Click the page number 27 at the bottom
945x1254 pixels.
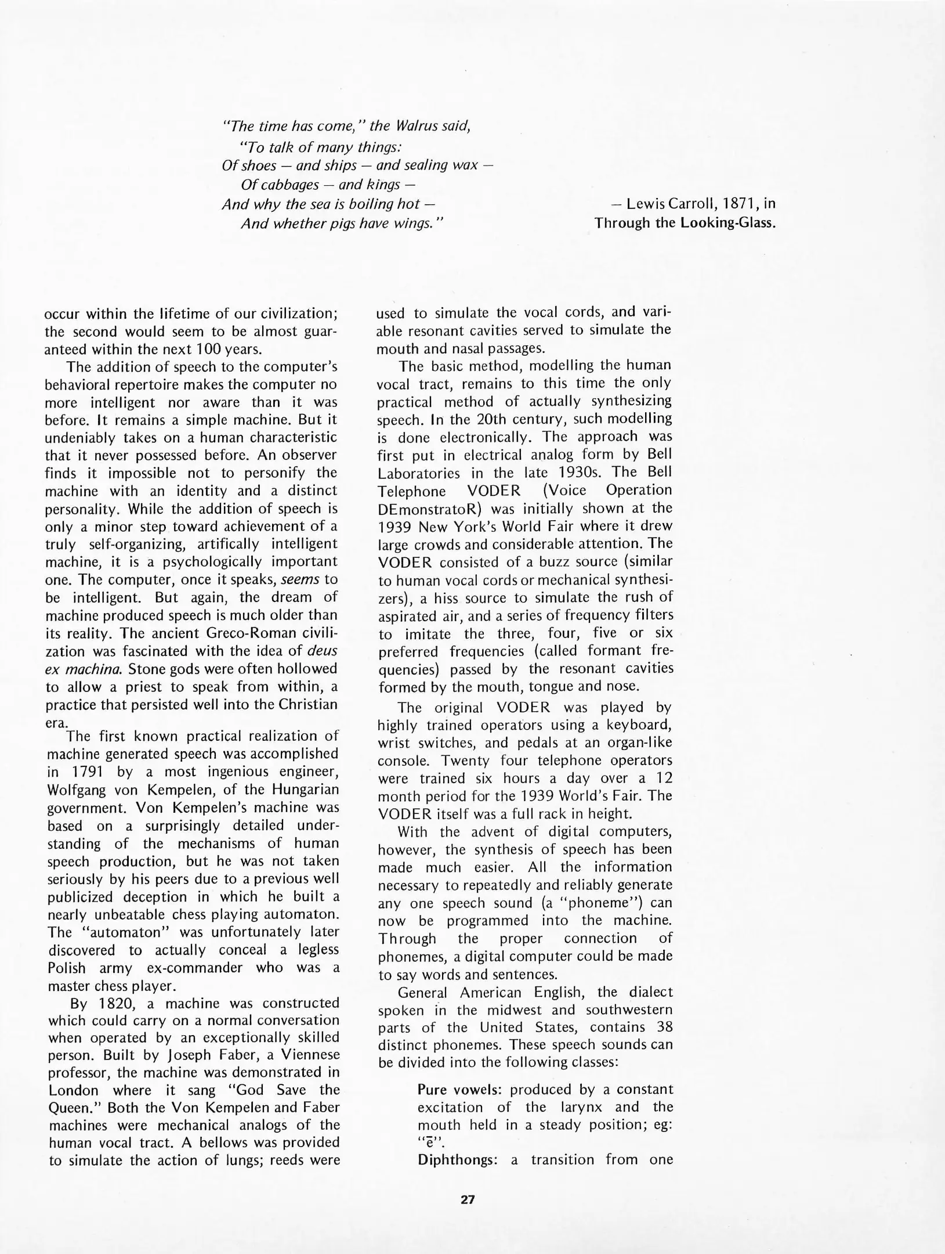(468, 1199)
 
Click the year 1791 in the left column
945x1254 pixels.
(88, 772)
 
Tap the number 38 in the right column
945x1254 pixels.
(664, 1027)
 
